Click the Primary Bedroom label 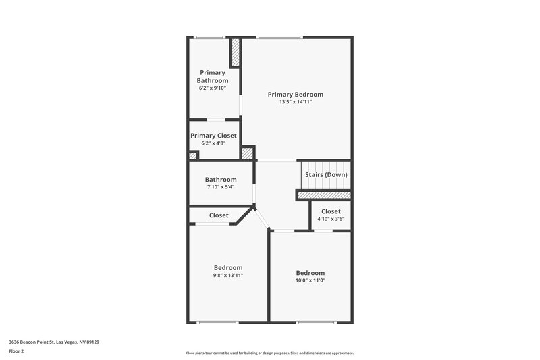(295, 95)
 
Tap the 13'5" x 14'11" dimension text (295, 102)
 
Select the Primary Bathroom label (213, 76)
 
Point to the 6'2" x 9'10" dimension (213, 88)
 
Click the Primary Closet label (213, 136)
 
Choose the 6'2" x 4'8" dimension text (213, 143)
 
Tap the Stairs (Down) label (326, 174)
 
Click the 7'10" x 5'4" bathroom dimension (221, 187)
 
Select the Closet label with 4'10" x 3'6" (331, 211)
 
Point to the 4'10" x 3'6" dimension (331, 219)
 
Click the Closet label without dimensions (219, 215)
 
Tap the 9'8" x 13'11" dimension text (228, 276)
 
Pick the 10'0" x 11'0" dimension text (310, 280)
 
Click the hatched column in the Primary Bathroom (236, 53)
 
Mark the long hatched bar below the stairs (324, 195)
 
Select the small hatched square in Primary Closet (192, 156)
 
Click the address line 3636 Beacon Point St (54, 342)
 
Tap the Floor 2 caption (17, 351)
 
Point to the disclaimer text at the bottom (269, 353)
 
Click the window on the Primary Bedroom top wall (280, 38)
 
